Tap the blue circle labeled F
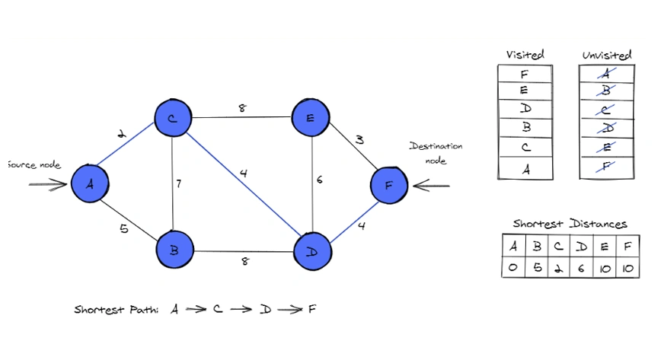(x=390, y=185)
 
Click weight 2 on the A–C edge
(x=120, y=135)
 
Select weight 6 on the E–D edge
(x=321, y=180)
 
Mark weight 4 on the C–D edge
(x=243, y=173)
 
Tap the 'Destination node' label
(x=436, y=153)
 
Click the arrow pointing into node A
(x=47, y=183)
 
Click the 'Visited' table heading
(x=525, y=55)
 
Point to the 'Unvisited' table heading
(x=607, y=56)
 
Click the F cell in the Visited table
(x=525, y=75)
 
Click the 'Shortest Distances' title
(x=570, y=224)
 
